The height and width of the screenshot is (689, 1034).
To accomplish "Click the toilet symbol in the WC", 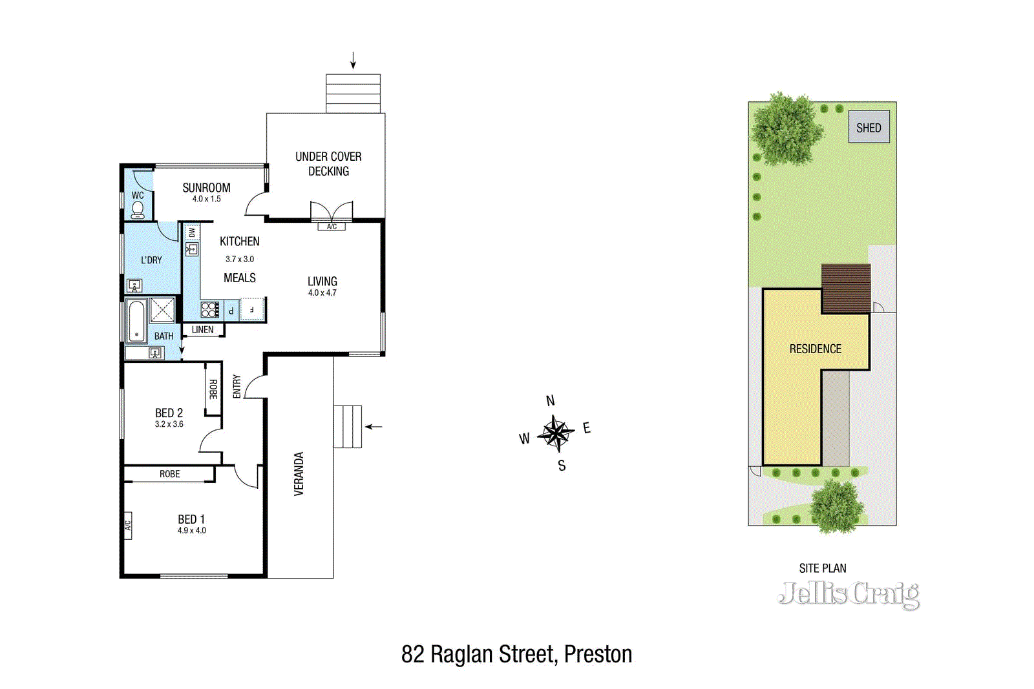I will click(x=138, y=211).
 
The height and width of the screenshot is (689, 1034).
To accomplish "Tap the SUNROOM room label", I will click(x=206, y=188).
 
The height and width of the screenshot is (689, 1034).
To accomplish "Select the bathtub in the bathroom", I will click(x=136, y=321).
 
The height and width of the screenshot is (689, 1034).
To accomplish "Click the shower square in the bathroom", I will click(x=162, y=310).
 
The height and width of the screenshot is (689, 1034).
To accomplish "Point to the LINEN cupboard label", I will click(x=202, y=330).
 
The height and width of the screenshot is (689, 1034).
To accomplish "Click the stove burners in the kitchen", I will click(x=210, y=310).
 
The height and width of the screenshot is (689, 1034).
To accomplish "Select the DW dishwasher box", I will click(x=191, y=231).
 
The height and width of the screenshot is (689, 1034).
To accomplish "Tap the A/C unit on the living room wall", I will click(x=332, y=227).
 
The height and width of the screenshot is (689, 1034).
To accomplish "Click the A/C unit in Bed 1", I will click(x=127, y=526).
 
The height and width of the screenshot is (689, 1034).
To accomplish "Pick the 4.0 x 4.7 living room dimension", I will click(x=322, y=293).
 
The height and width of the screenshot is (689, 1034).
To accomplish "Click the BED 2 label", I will click(x=169, y=413).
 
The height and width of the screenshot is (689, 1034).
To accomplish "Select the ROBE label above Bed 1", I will click(x=169, y=475).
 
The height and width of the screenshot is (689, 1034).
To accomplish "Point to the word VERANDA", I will click(x=299, y=474).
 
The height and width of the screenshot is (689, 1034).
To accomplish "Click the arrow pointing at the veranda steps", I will click(x=374, y=427).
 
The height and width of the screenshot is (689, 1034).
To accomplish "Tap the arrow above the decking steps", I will click(x=353, y=61).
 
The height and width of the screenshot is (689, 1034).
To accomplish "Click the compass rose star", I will click(x=556, y=433).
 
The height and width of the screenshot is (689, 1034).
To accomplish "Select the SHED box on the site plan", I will click(x=869, y=128).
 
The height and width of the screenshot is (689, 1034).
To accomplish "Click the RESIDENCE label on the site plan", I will click(x=815, y=349).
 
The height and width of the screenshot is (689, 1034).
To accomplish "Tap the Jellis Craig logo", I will click(x=849, y=594).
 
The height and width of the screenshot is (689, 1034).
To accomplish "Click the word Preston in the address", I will click(x=598, y=655).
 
